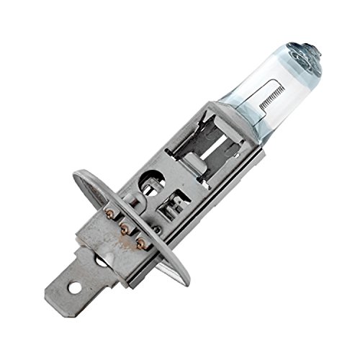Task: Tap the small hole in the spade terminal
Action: [74, 289]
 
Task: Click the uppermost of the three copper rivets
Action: [109, 213]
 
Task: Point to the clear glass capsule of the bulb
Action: [277, 86]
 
